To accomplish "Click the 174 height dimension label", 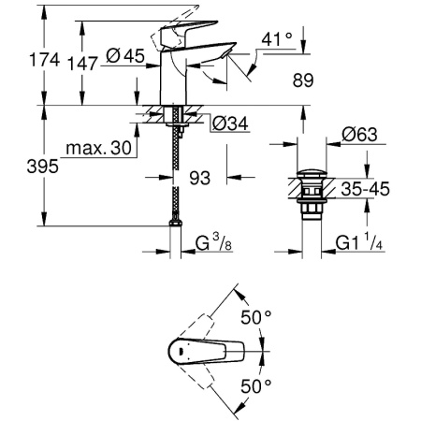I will (x=21, y=59).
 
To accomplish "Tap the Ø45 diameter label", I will (x=124, y=57).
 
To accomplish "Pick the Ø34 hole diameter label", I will (x=230, y=123).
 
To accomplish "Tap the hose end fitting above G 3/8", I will (x=173, y=225).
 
